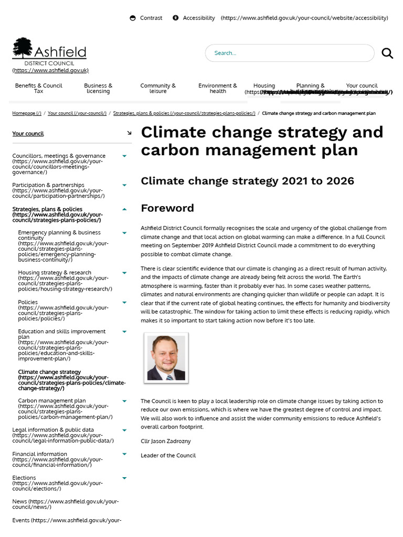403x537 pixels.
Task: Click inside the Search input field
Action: coord(289,53)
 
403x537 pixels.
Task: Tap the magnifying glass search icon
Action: coord(387,53)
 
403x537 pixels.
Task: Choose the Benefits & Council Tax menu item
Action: coord(38,88)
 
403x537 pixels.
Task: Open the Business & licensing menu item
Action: coord(98,88)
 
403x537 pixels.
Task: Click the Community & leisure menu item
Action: coord(158,88)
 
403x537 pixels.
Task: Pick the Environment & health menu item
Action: coord(218,88)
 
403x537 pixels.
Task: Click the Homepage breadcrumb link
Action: coord(27,113)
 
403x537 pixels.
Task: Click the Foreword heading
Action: coord(167,208)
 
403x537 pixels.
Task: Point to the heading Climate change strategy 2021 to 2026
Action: coord(247,181)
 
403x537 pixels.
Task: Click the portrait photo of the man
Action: coord(166,358)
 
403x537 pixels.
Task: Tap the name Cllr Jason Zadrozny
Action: coord(166,442)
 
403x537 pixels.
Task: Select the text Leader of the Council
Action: coord(168,456)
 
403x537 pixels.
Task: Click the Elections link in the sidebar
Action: coord(24,478)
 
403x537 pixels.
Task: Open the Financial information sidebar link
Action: coord(40,454)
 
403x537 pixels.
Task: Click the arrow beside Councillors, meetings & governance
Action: coord(124,156)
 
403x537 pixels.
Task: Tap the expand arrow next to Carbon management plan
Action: coord(124,401)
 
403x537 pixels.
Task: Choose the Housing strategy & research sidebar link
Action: coord(55,273)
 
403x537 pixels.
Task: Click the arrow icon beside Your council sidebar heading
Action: coord(129,133)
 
